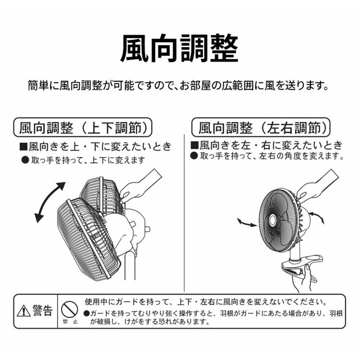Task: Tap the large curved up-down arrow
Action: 49,202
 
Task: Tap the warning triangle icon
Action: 24,312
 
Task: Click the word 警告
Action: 42,311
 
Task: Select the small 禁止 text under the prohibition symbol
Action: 70,322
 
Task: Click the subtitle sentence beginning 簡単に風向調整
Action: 179,86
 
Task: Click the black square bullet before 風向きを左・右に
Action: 194,145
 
